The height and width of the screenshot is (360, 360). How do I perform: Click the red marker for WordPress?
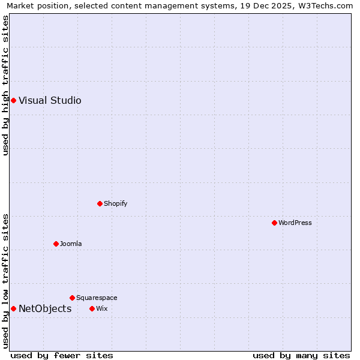point(274,223)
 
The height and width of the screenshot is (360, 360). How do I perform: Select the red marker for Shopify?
point(100,203)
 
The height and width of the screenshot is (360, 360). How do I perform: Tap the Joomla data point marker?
point(56,244)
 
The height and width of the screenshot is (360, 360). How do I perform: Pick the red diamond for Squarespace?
point(72,298)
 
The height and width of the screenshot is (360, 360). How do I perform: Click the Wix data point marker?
point(92,308)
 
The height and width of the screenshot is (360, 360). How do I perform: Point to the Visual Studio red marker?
point(13,100)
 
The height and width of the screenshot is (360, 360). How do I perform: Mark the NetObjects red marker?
point(13,308)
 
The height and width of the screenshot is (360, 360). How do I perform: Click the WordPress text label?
point(295,223)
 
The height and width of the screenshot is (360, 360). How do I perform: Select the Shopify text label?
point(116,203)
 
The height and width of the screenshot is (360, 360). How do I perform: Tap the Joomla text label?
point(71,244)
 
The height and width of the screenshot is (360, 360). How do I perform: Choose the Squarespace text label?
point(97,298)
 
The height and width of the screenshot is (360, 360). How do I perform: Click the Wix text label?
point(101,308)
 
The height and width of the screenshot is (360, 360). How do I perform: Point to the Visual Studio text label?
point(50,100)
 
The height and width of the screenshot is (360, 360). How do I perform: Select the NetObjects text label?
point(45,309)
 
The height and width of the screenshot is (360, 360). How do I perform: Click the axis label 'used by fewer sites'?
point(62,355)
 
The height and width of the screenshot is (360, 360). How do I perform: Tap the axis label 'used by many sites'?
point(301,355)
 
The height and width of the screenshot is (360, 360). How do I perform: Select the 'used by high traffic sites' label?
point(5,85)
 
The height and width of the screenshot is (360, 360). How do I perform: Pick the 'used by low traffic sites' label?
point(5,281)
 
